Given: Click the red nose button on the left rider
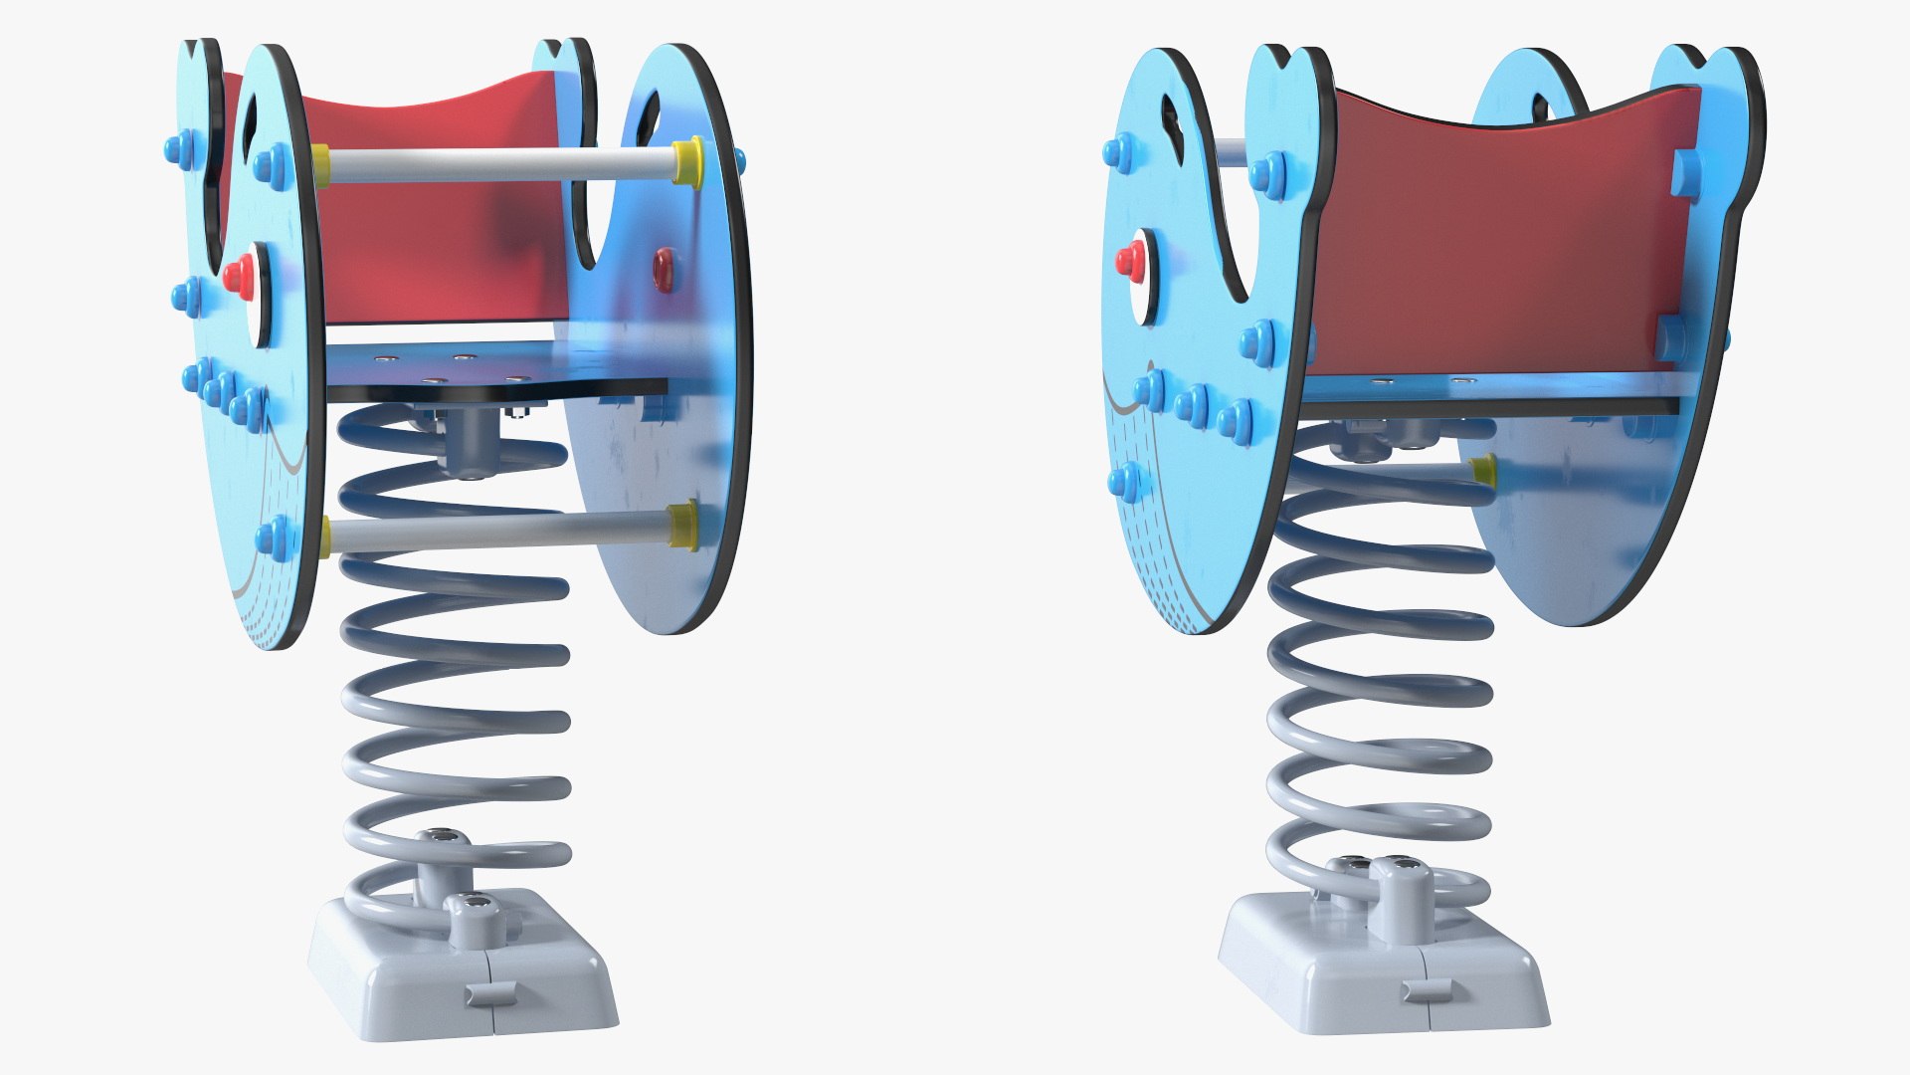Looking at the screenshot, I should pyautogui.click(x=236, y=274).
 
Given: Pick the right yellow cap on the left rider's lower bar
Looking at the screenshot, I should pyautogui.click(x=682, y=526).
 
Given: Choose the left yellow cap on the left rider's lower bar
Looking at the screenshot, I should pyautogui.click(x=326, y=537).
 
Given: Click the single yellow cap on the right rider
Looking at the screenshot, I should pyautogui.click(x=1483, y=471).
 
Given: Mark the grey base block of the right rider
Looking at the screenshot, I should pyautogui.click(x=1383, y=961).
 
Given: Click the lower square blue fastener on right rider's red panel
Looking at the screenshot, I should pyautogui.click(x=1671, y=338).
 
